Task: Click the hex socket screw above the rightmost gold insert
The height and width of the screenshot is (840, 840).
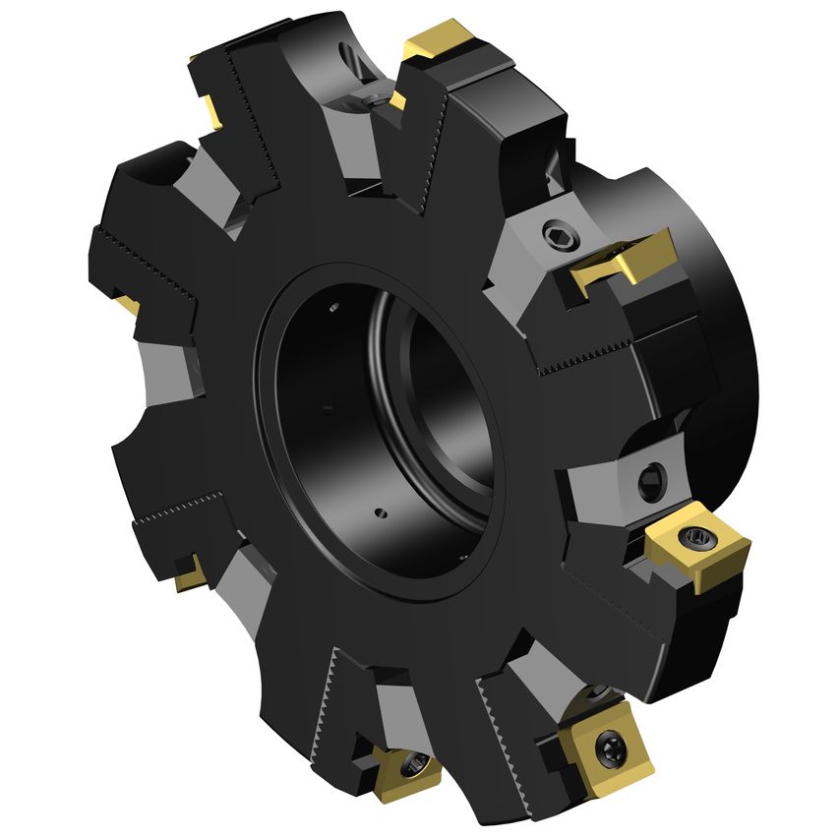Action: pos(650,483)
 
